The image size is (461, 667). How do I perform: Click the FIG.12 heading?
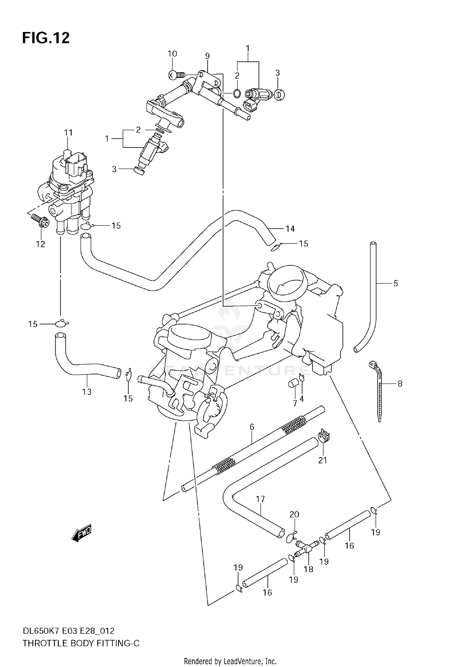[46, 38]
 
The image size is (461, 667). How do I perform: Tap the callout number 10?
[172, 54]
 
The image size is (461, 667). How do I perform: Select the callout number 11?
[68, 133]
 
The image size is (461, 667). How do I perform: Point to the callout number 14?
[290, 229]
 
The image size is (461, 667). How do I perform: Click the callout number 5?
[396, 283]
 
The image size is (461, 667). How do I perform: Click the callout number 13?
[87, 392]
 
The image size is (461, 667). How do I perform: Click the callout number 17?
[260, 499]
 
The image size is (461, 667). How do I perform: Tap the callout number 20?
[294, 514]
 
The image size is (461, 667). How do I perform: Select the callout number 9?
[207, 56]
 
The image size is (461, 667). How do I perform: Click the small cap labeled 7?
[293, 384]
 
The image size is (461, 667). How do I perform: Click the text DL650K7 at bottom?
[41, 631]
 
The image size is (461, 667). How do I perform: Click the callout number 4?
[302, 399]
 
